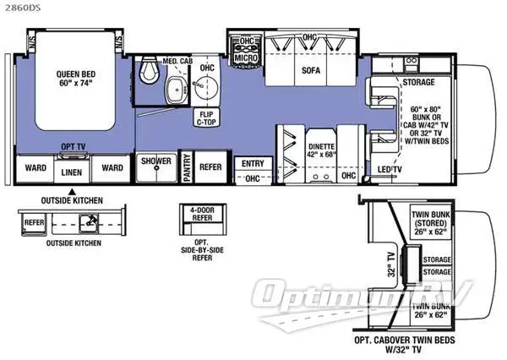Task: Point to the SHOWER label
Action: (155, 161)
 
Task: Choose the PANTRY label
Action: (186, 167)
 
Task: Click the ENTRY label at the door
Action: (252, 163)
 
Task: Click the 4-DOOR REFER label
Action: (199, 215)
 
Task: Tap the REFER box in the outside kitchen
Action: (33, 223)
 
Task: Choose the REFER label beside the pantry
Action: (210, 166)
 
